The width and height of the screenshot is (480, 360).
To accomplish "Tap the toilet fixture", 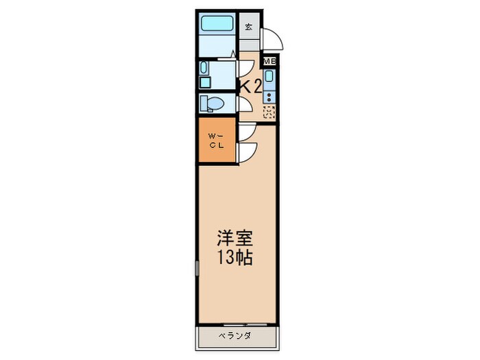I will click(212, 104).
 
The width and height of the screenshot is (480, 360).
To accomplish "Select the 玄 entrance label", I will click(249, 27).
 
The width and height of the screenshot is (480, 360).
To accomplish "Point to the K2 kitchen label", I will click(249, 86).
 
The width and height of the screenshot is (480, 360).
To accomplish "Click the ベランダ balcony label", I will click(235, 335).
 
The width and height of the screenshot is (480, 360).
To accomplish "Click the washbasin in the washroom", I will click(205, 68).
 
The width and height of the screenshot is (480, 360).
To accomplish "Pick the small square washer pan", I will click(205, 82).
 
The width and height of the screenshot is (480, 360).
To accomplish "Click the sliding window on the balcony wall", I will click(244, 323).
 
